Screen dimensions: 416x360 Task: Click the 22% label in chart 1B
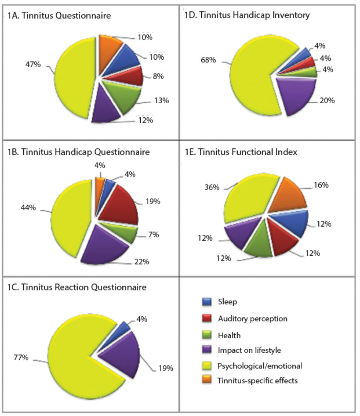(x=142, y=261)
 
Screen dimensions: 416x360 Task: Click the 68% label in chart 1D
(x=208, y=60)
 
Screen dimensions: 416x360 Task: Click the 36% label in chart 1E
(x=212, y=187)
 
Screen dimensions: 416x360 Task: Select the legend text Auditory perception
(x=252, y=319)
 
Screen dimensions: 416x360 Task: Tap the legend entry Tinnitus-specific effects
(x=258, y=380)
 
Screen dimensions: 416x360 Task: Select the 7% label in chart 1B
(x=153, y=235)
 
